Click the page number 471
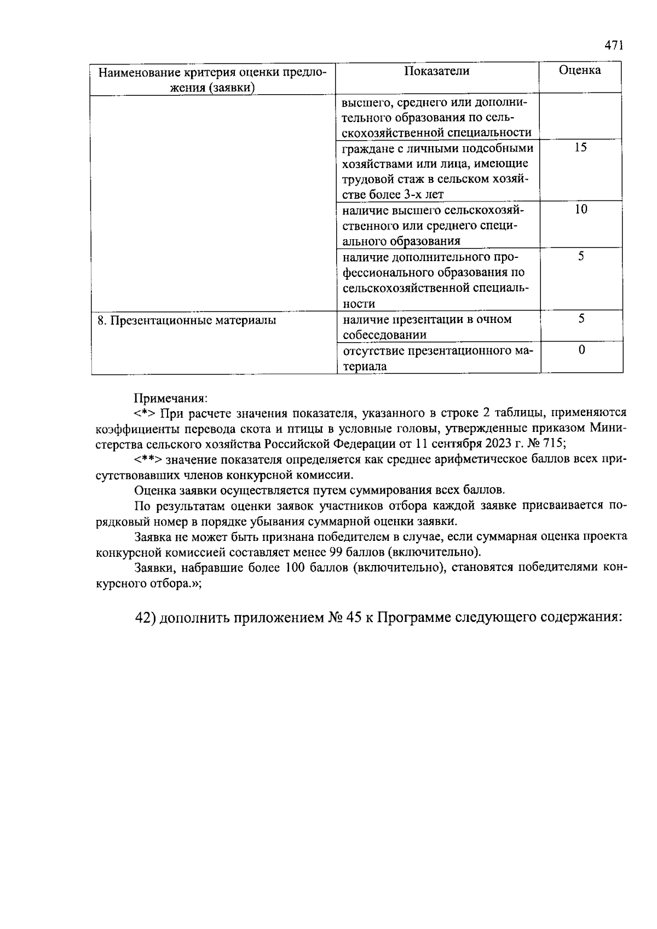[x=614, y=46]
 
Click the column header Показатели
[x=437, y=71]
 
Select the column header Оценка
[x=580, y=70]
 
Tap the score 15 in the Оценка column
[x=581, y=147]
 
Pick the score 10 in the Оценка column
[x=581, y=209]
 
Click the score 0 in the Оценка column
[x=581, y=349]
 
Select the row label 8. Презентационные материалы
[x=187, y=320]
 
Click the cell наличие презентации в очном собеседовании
[x=427, y=327]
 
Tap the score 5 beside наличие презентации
[x=581, y=318]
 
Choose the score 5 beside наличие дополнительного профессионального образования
[x=581, y=256]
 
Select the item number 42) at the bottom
[x=146, y=618]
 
